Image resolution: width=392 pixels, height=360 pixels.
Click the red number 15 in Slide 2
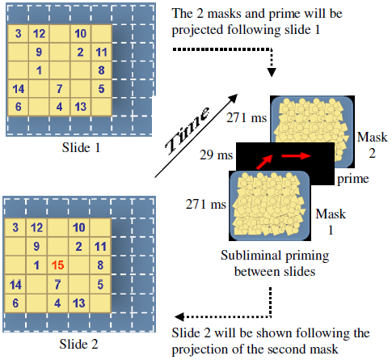pos(58,265)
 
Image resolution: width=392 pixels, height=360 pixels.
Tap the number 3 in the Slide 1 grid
pos(18,33)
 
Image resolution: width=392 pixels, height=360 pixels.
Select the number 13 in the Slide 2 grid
pos(78,303)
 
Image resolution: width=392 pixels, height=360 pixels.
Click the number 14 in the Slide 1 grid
pos(19,89)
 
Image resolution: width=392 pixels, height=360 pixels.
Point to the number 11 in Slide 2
pos(100,247)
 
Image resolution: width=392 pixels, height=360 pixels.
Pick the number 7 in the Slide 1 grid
pos(59,89)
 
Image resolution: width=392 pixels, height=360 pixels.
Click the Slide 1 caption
pos(81,147)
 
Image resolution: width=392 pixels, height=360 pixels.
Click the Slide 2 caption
pos(78,344)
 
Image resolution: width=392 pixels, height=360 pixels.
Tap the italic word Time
pos(188,130)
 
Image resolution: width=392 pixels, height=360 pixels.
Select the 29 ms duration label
pos(216,155)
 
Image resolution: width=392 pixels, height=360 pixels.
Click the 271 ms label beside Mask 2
pos(247,118)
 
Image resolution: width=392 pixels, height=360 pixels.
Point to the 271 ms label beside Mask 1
pos(205,204)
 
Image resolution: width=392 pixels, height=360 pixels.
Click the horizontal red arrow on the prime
pos(296,156)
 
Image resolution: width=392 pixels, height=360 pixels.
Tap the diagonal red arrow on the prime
pos(264,162)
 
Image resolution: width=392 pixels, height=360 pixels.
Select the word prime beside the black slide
pos(353,179)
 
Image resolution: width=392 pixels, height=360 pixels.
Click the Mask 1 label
pos(331,222)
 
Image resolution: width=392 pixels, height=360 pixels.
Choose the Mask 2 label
pos(372,145)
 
